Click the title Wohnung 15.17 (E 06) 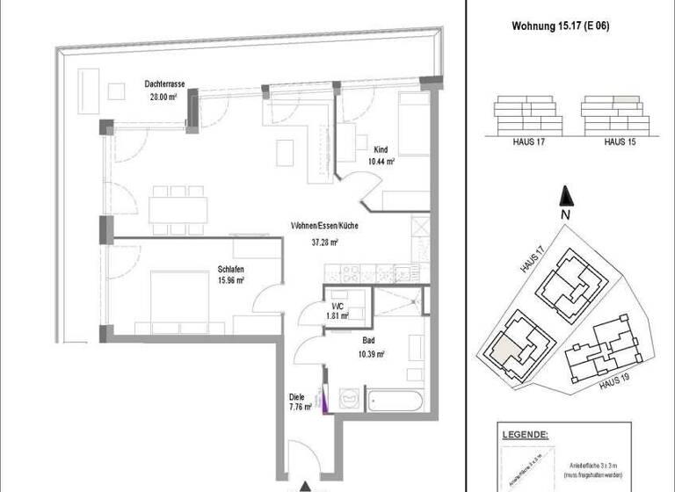point(561,25)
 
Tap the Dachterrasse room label point(163,85)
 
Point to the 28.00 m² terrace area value point(163,98)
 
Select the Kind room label point(381,149)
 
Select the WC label point(338,305)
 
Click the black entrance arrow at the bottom point(305,486)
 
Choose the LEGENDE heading point(526,435)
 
